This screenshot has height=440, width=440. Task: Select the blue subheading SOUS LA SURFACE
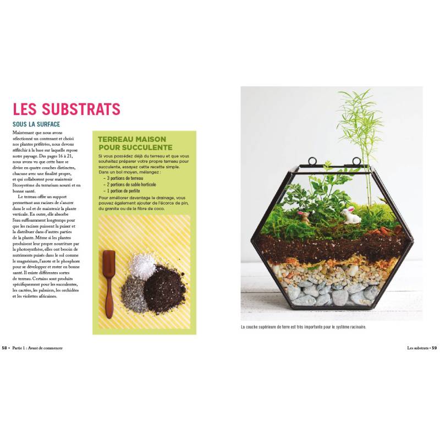coord(36,124)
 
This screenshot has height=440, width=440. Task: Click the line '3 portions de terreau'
coord(125,178)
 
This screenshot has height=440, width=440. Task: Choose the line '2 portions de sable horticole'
coord(134,184)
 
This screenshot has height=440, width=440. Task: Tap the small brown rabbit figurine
coord(303,216)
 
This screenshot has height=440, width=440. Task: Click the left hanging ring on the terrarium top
coord(312,162)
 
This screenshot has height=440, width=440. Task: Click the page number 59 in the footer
coord(433,348)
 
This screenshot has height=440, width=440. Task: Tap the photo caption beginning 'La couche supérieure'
coord(303,327)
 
